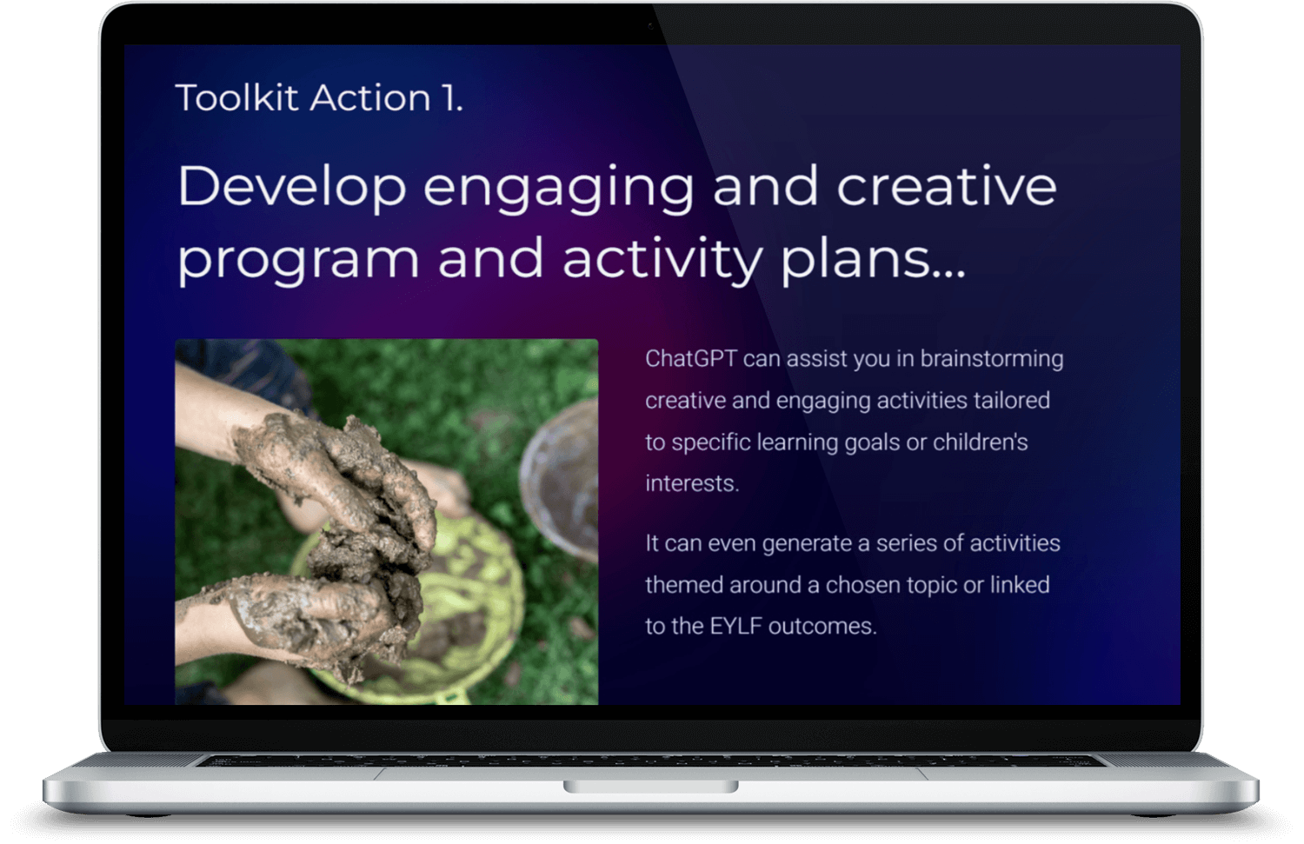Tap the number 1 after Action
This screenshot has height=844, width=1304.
click(x=449, y=97)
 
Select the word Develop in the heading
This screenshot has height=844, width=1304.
click(x=292, y=187)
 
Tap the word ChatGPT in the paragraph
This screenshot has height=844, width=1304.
click(x=691, y=359)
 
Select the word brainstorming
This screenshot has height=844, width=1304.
click(x=991, y=359)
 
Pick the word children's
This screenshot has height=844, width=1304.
click(x=980, y=442)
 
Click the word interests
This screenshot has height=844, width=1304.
click(x=691, y=484)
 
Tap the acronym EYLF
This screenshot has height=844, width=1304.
click(x=735, y=627)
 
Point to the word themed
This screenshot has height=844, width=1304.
click(x=683, y=585)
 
